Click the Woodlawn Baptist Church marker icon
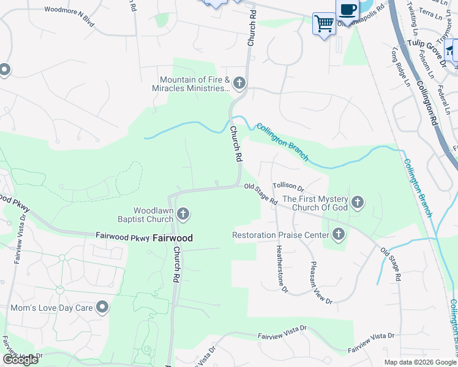(182, 214)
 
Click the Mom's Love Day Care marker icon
(102, 307)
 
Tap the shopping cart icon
(324, 23)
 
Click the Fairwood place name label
(172, 237)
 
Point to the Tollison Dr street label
(288, 186)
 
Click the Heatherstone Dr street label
(282, 269)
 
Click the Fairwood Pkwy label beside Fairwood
(122, 235)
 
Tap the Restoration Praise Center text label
(280, 234)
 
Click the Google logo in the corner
(20, 359)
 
